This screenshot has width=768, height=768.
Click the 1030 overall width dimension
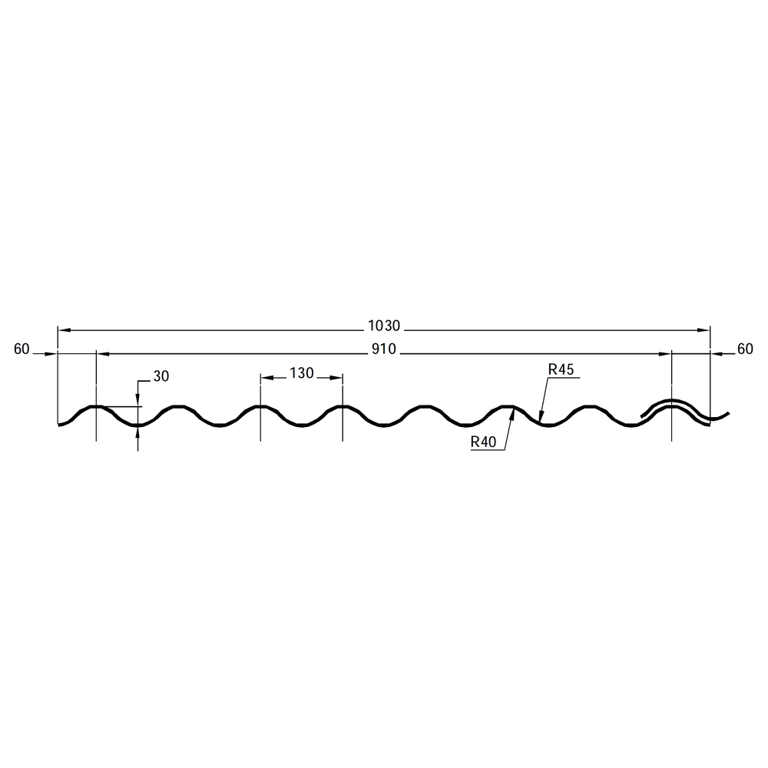[x=385, y=326]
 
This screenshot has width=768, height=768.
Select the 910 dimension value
[x=384, y=349]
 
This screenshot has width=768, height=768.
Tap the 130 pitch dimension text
[x=302, y=373]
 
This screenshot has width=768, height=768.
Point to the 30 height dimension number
[x=161, y=376]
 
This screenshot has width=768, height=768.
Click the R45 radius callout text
[x=561, y=369]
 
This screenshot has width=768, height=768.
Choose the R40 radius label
[x=483, y=442]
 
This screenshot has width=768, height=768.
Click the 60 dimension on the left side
[x=22, y=349]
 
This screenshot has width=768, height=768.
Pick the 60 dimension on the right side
[x=745, y=349]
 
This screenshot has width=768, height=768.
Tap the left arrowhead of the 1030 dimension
[x=65, y=330]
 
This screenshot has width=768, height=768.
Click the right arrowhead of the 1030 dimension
[x=703, y=330]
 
